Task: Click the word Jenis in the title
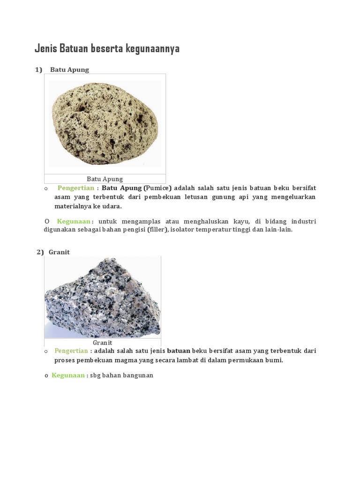(46, 49)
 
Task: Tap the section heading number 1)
(38, 70)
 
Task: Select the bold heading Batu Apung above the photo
(69, 70)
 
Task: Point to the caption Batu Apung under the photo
(105, 179)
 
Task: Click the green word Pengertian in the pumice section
(75, 188)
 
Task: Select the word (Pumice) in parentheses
(158, 188)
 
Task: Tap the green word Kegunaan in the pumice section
(74, 221)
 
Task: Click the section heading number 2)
(40, 252)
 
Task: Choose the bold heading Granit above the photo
(59, 252)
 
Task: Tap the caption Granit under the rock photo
(102, 343)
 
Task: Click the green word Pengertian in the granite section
(71, 351)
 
